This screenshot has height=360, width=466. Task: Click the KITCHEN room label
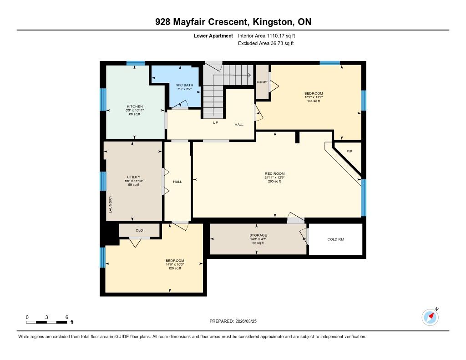[135, 106]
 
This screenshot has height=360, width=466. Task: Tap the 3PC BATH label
[185, 85]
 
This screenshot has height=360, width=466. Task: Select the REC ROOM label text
[274, 173]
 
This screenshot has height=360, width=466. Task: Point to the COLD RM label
[335, 239]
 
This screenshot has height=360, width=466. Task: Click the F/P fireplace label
[349, 151]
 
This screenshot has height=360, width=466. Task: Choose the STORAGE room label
[258, 235]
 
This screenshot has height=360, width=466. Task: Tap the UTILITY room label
[133, 177]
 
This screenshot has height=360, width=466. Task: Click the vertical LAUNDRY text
[111, 204]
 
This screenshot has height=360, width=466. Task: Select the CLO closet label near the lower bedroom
[139, 230]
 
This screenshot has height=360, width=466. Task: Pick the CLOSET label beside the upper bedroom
[262, 82]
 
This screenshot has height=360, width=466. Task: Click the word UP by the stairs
[215, 122]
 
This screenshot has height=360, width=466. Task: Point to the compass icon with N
[430, 317]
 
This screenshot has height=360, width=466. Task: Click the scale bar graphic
[46, 322]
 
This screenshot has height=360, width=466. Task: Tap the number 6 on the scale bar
[67, 317]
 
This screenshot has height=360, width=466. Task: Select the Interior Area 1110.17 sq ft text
[266, 35]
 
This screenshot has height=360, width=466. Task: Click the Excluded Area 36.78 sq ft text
[266, 43]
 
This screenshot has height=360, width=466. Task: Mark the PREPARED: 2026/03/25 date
[233, 321]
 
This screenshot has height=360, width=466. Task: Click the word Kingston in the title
[272, 22]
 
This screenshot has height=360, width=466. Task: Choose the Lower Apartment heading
[213, 35]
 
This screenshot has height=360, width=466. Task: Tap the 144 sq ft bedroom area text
[314, 101]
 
